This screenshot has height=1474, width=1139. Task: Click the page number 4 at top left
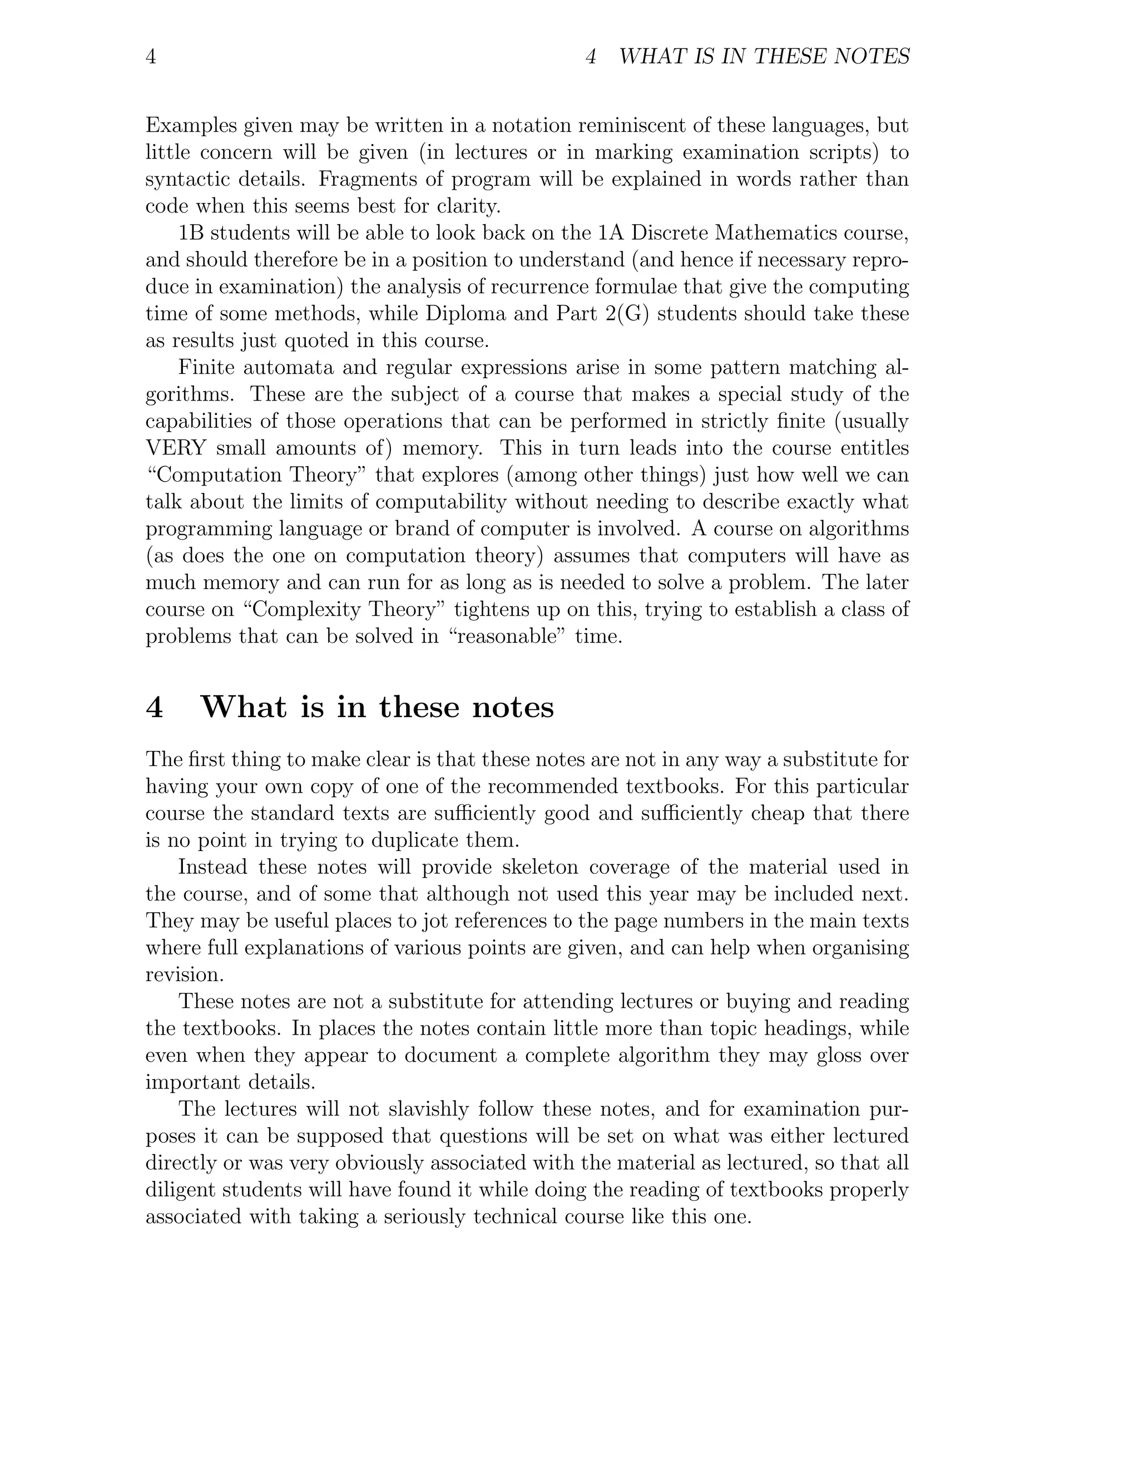pyautogui.click(x=151, y=57)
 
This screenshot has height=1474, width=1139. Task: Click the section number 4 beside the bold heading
pyautogui.click(x=155, y=708)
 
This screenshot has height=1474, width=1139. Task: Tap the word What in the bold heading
pyautogui.click(x=244, y=708)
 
